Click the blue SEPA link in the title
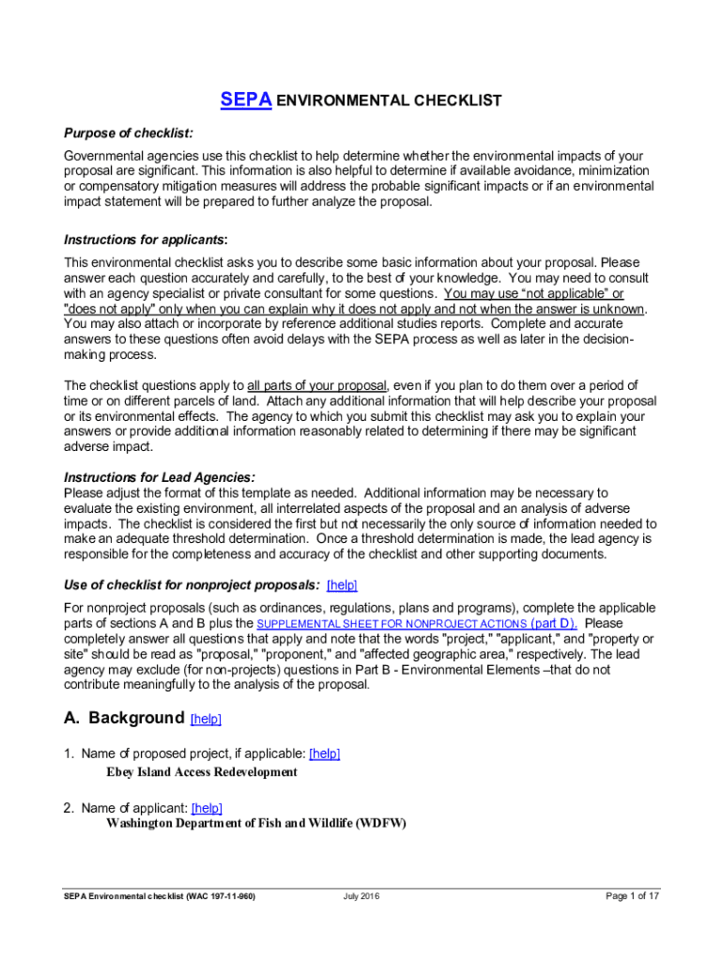point(246,101)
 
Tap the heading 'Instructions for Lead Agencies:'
point(159,477)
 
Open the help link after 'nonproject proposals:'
point(342,584)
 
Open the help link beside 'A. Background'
point(206,720)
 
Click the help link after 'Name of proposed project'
point(324,753)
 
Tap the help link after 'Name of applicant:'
point(207,808)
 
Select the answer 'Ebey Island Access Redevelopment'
point(202,772)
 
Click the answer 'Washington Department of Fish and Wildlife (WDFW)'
point(256,824)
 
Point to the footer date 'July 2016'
point(361,896)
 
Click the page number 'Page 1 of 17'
point(632,896)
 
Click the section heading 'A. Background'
point(123,719)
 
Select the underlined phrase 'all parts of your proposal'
point(317,385)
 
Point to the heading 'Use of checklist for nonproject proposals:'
point(192,584)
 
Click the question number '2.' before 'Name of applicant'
point(69,808)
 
